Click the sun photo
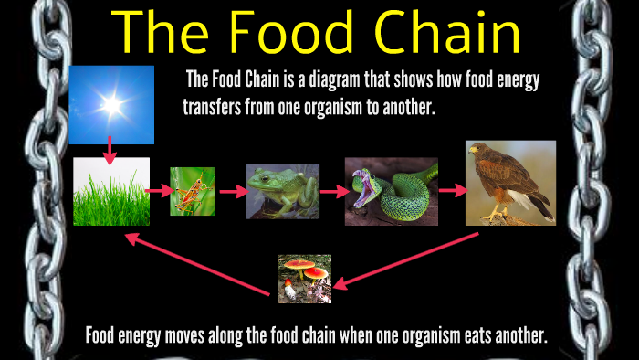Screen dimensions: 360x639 [x=111, y=104]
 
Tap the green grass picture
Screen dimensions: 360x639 [x=111, y=191]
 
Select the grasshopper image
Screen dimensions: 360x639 [x=192, y=191]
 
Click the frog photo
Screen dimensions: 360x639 [x=282, y=191]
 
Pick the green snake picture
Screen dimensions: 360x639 [x=391, y=191]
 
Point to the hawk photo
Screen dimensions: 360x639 [x=510, y=183]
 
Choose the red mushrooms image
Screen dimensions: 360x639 [x=305, y=278]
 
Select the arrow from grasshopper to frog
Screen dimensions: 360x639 [x=232, y=192]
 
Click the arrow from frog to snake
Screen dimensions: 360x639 [x=333, y=192]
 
